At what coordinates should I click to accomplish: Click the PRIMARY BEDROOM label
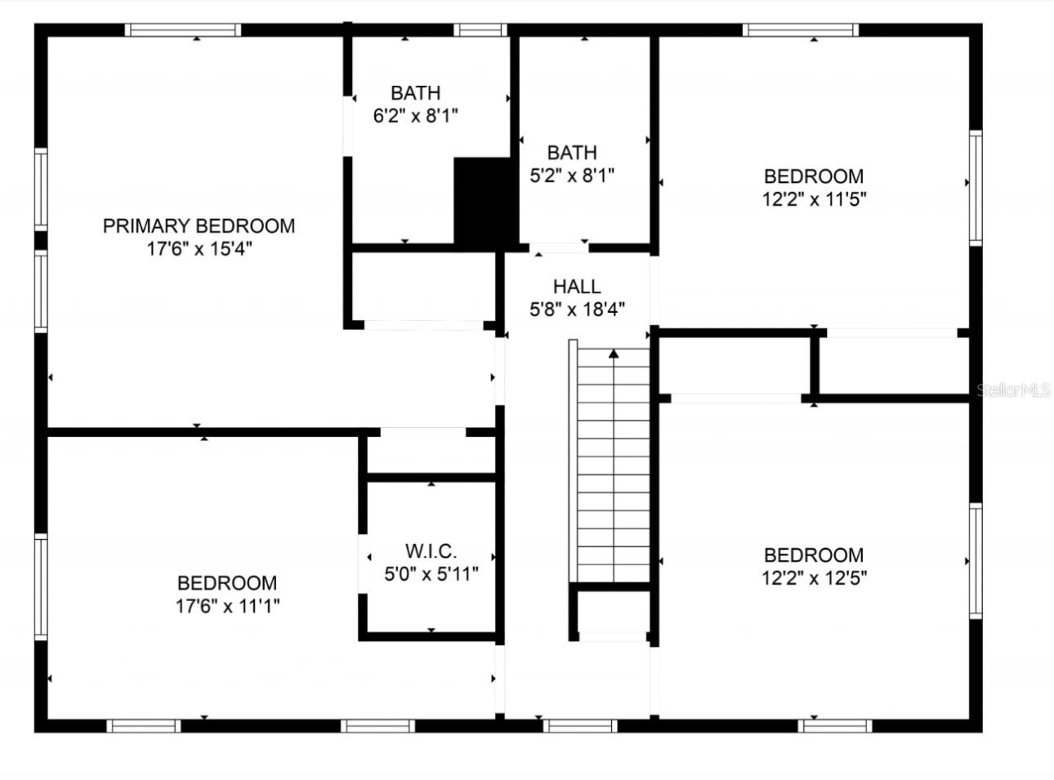pyautogui.click(x=199, y=226)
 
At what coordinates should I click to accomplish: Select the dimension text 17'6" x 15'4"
pyautogui.click(x=199, y=249)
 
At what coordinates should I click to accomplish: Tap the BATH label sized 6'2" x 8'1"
pyautogui.click(x=415, y=93)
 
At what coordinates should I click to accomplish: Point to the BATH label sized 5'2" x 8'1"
pyautogui.click(x=572, y=153)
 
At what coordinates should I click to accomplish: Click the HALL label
pyautogui.click(x=577, y=287)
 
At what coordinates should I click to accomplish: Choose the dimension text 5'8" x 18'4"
pyautogui.click(x=577, y=310)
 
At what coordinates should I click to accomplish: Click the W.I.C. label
pyautogui.click(x=431, y=551)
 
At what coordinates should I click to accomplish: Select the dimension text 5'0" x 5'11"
pyautogui.click(x=431, y=574)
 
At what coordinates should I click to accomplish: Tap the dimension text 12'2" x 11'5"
pyautogui.click(x=814, y=199)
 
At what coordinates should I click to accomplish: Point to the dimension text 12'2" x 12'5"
pyautogui.click(x=814, y=578)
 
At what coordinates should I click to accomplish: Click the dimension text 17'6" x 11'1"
pyautogui.click(x=227, y=606)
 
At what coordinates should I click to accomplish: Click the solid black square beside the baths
pyautogui.click(x=485, y=201)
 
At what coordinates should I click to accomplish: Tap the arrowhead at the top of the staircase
pyautogui.click(x=613, y=354)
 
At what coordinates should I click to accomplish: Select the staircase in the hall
pyautogui.click(x=613, y=466)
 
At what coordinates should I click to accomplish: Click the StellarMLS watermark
pyautogui.click(x=1013, y=390)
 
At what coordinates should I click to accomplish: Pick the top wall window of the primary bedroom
pyautogui.click(x=183, y=30)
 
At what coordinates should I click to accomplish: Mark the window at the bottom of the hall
pyautogui.click(x=579, y=725)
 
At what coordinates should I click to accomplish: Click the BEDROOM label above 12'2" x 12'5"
pyautogui.click(x=814, y=555)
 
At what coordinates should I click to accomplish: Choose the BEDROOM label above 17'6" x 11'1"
pyautogui.click(x=227, y=583)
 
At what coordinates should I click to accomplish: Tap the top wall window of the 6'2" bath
pyautogui.click(x=480, y=30)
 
